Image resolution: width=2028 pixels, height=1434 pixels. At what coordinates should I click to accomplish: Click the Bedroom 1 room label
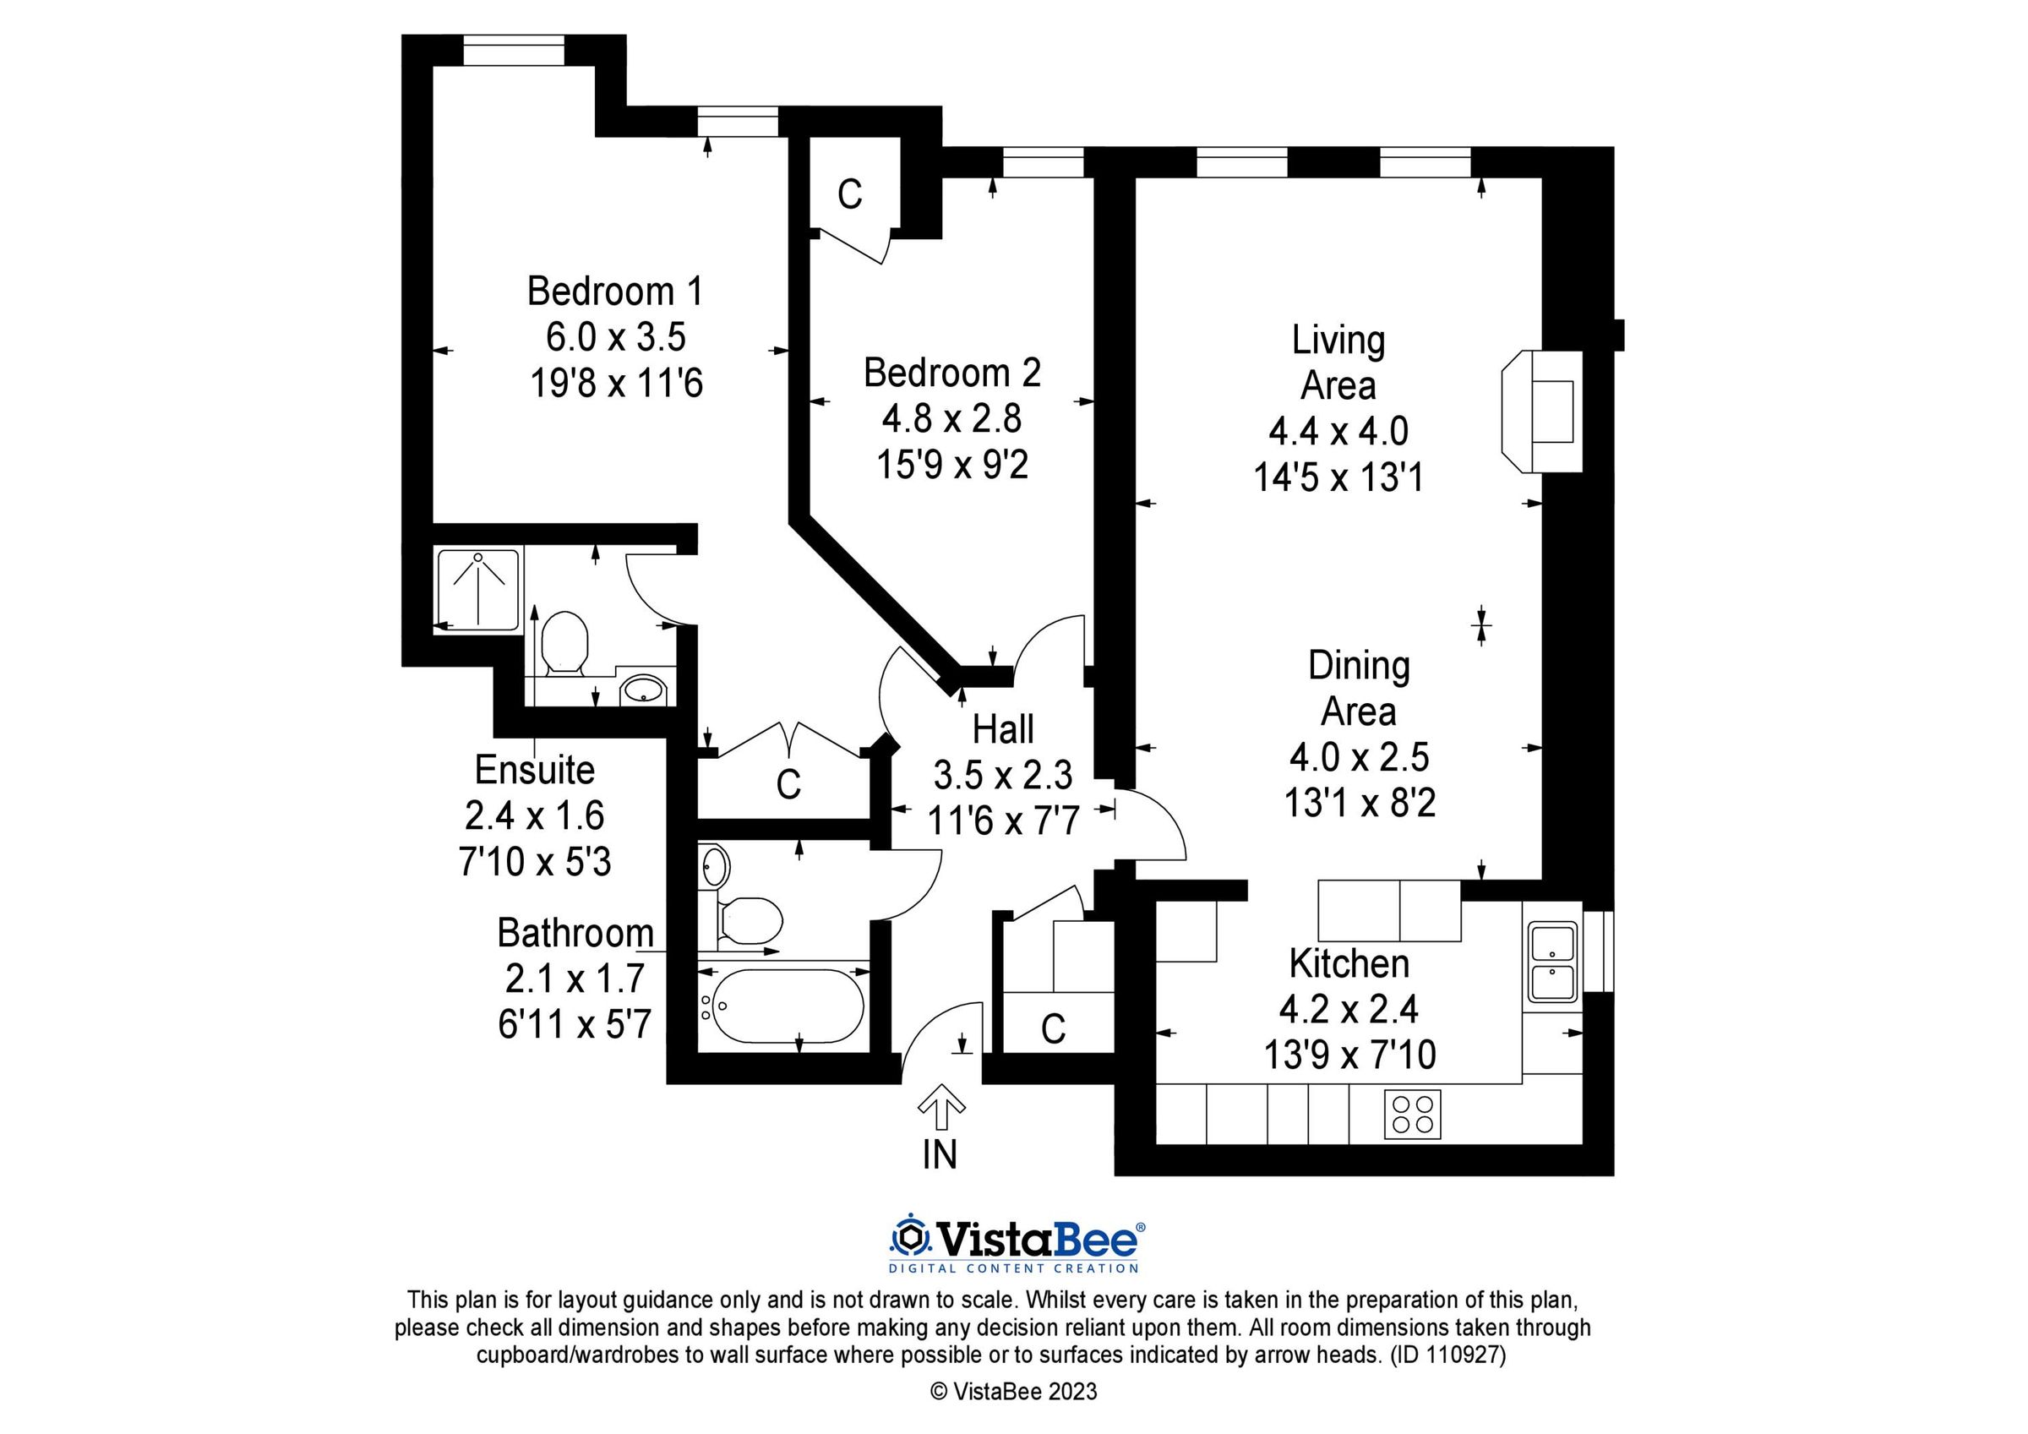tap(615, 292)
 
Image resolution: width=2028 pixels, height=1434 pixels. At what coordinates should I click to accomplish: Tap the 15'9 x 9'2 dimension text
tap(952, 465)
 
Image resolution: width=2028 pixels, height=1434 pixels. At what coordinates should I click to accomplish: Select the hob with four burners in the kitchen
tap(1412, 1114)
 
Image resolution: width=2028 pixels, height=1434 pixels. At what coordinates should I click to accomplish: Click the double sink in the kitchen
tap(1553, 962)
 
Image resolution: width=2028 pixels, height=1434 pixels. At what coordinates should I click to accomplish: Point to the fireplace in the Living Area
tap(1542, 411)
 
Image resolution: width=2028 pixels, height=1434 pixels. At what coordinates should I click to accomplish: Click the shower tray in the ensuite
tap(478, 588)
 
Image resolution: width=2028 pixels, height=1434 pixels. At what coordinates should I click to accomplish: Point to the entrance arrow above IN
tap(940, 1106)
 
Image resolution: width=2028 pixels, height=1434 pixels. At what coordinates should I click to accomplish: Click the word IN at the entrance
tap(940, 1155)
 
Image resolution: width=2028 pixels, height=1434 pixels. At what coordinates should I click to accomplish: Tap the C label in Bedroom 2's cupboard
tap(850, 194)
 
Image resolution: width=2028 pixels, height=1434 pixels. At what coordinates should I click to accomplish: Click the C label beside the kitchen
tap(1053, 1028)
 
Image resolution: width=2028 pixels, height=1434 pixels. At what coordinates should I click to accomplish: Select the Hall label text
tap(1002, 730)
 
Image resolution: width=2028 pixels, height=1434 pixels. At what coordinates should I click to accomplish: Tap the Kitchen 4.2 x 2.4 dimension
tap(1348, 1008)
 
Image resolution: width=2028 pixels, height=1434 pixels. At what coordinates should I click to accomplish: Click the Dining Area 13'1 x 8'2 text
tap(1360, 803)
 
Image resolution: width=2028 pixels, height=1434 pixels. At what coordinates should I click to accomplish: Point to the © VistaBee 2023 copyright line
tap(1013, 1392)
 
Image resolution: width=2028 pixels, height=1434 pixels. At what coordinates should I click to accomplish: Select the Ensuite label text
tap(534, 770)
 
